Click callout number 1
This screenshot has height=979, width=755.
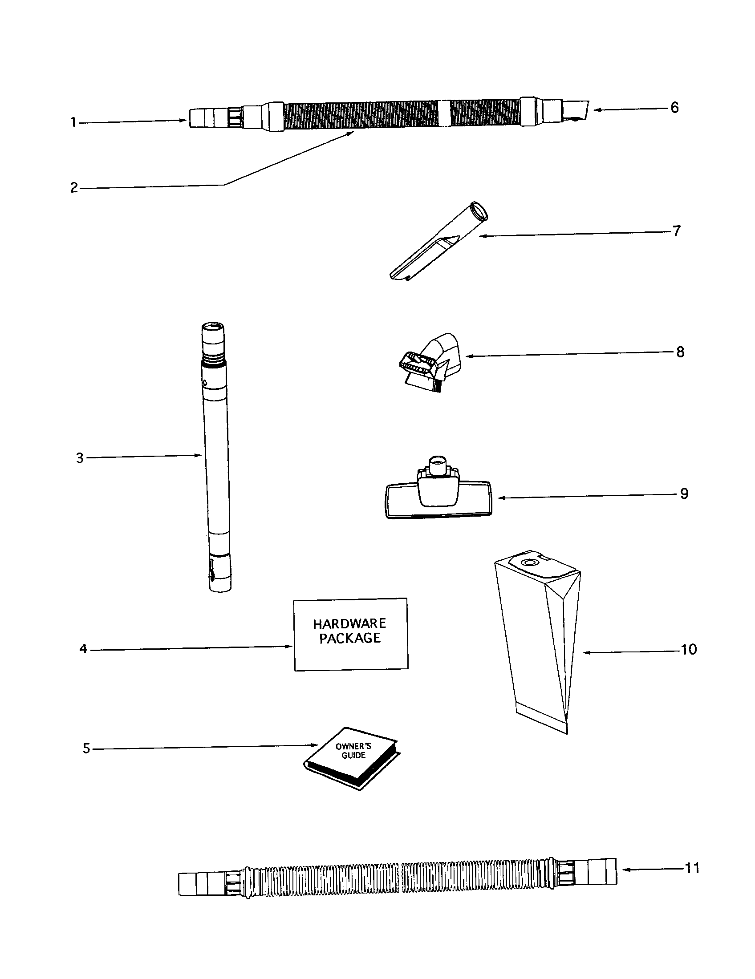(73, 122)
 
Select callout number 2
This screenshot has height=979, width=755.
(74, 187)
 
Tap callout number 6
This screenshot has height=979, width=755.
(674, 108)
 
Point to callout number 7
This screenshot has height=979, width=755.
(677, 231)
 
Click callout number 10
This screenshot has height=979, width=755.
(689, 649)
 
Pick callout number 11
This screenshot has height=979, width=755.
(692, 868)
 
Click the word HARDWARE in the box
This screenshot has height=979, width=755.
(349, 623)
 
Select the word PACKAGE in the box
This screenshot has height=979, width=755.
(350, 638)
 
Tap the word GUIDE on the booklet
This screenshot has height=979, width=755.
(354, 755)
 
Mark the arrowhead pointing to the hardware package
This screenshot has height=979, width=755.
(290, 646)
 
